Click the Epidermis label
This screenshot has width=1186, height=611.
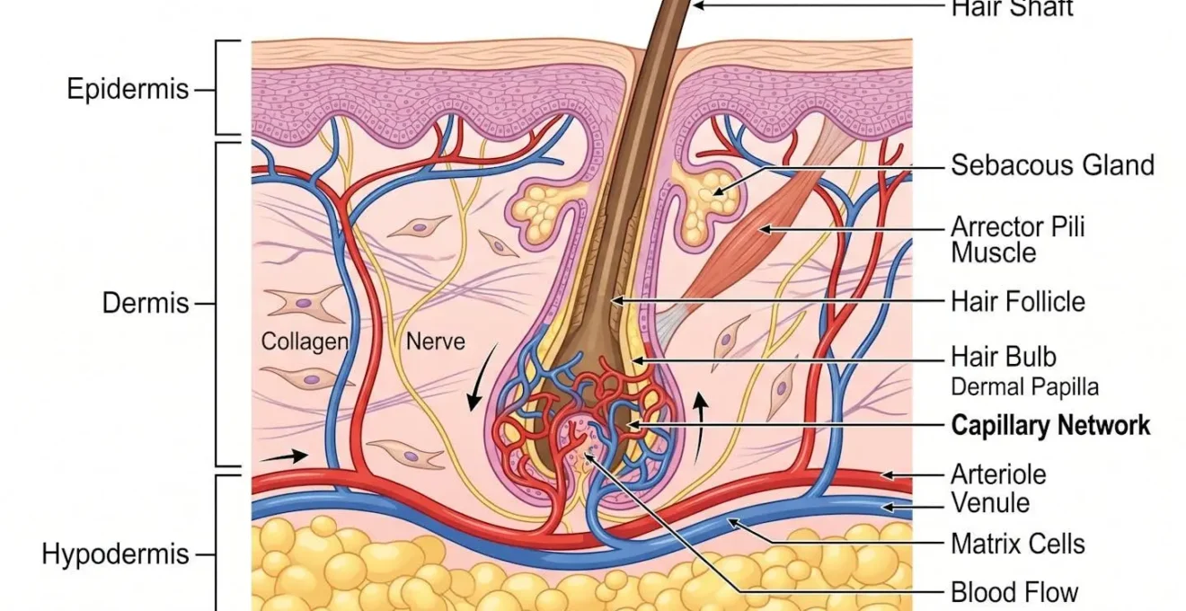pos(128,89)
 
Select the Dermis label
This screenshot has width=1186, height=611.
pos(146,304)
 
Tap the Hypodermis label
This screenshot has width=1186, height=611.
pos(115,554)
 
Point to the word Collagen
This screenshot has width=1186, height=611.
pos(305,341)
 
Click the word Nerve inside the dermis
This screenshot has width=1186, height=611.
pos(435,341)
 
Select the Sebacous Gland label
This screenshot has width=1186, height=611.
pos(1053,164)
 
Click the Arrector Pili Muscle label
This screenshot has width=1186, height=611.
pos(1018,239)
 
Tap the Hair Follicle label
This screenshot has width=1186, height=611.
pos(1018,302)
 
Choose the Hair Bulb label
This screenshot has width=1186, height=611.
pos(1004,357)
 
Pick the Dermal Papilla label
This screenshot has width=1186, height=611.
pos(1024,387)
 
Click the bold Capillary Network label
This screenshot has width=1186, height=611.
pos(1050,426)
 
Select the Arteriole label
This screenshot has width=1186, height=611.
pos(998,474)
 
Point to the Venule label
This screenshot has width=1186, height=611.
pos(990,503)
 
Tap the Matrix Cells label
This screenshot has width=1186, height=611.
pos(1018,545)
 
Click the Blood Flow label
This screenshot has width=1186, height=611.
pos(1013,592)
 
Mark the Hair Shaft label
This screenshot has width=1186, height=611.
pos(1012,8)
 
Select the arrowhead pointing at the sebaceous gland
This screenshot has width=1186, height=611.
pos(718,191)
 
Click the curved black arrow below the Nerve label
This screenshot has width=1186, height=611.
pos(481,377)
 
